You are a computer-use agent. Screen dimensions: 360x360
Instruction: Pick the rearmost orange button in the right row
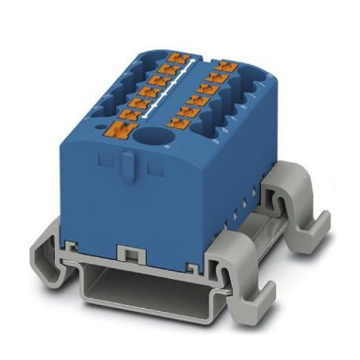tap(227, 68)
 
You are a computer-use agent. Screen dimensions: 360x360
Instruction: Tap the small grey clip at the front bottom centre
tap(129, 252)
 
